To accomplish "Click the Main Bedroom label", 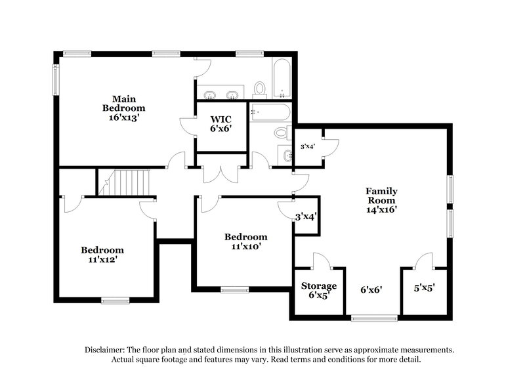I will coord(123,103).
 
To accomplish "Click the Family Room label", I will coord(381,196).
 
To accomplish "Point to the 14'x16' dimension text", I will coord(381,210).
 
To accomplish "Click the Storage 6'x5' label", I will coord(319,290).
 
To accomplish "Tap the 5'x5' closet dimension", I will coord(423,287).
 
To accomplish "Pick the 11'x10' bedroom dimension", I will coord(245,247).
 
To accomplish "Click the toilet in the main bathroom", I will coord(260,87).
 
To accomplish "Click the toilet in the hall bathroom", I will coord(282,132).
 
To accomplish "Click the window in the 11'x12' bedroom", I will coord(114,301).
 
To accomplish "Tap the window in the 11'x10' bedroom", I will coord(234,289).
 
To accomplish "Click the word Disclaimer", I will coord(107,350).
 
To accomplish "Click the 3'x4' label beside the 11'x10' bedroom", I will coord(306,216).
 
